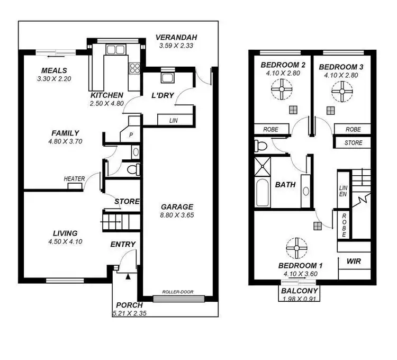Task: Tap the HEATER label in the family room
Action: pyautogui.click(x=74, y=179)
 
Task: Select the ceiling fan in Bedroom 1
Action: pyautogui.click(x=295, y=247)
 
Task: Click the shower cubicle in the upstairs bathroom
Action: pyautogui.click(x=263, y=167)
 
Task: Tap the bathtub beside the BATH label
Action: pyautogui.click(x=263, y=193)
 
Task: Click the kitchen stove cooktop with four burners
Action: pyautogui.click(x=134, y=67)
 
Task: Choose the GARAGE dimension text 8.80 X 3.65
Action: pyautogui.click(x=178, y=215)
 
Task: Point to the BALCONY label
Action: pyautogui.click(x=299, y=291)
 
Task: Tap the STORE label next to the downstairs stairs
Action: pyautogui.click(x=127, y=201)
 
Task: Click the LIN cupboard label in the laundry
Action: pyautogui.click(x=173, y=121)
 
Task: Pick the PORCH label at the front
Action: pyautogui.click(x=129, y=305)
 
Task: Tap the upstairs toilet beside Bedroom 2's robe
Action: pyautogui.click(x=260, y=145)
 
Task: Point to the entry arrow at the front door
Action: pyautogui.click(x=128, y=276)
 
